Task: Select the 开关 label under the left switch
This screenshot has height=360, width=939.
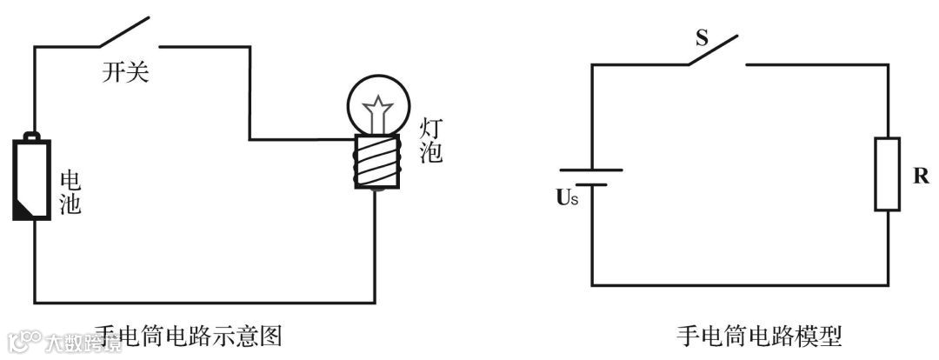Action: [125, 73]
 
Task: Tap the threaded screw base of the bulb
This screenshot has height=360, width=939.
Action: [376, 162]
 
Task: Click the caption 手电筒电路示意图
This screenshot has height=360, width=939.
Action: [187, 335]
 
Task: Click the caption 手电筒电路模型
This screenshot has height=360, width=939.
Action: [758, 335]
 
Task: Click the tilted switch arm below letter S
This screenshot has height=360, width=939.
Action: [713, 50]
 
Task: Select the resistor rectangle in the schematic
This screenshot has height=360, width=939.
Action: [887, 174]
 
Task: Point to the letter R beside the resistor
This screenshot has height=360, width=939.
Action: [921, 175]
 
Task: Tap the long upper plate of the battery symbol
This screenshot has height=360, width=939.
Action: [591, 170]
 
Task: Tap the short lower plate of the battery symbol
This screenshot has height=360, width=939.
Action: [591, 184]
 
